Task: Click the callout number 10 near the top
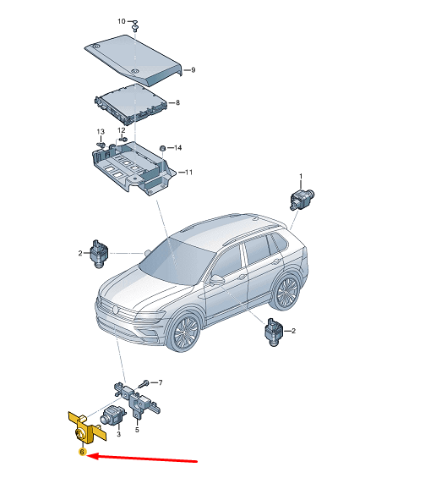(x=121, y=21)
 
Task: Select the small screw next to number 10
(x=135, y=25)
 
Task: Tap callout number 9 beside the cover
(x=193, y=70)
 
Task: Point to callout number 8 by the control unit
(x=177, y=102)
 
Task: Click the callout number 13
(x=101, y=132)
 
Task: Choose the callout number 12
(x=122, y=130)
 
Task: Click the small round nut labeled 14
(x=163, y=148)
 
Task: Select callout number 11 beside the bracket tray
(x=188, y=173)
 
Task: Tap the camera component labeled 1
(x=302, y=199)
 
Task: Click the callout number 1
(x=301, y=176)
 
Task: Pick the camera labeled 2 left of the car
(x=99, y=254)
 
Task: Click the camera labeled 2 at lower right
(x=274, y=332)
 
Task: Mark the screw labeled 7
(x=144, y=384)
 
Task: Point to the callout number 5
(x=137, y=430)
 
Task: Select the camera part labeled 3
(x=112, y=415)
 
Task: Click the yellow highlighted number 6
(x=82, y=452)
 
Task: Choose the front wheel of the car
(x=184, y=332)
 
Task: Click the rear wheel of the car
(x=286, y=290)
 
